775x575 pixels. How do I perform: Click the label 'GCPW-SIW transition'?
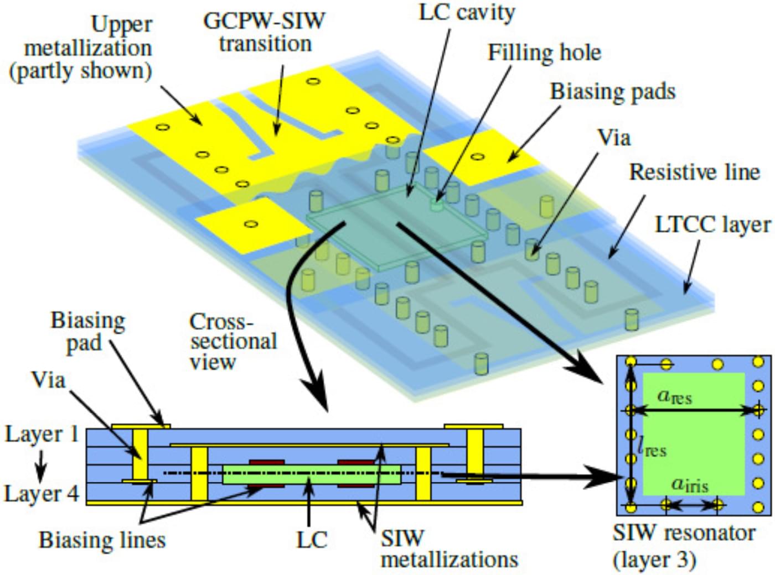coord(264,32)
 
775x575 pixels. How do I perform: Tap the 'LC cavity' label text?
coord(466,12)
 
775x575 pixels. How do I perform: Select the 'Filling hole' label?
coord(544,53)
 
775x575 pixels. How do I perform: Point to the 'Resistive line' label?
coord(694,172)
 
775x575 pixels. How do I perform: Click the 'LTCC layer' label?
coord(712,224)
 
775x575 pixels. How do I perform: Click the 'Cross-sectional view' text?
coord(232,341)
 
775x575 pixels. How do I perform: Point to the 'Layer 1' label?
coord(42,435)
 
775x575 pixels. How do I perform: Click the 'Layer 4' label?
coord(42,493)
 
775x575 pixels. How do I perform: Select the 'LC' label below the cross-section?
coord(312,540)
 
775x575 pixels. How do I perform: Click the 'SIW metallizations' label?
coord(448,548)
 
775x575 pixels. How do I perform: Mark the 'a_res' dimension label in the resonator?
coord(674,396)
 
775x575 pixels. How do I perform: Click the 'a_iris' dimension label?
coord(689,484)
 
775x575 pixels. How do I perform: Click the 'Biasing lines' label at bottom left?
coord(102,540)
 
